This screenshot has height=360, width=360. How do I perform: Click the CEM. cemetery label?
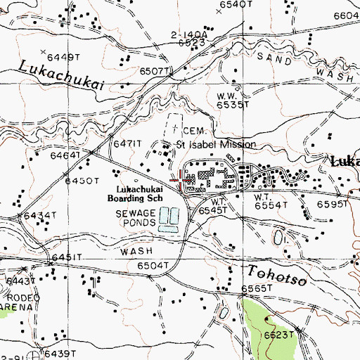point(194,131)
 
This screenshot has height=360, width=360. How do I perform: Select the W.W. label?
point(225,96)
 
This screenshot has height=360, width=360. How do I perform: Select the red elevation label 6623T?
point(278,335)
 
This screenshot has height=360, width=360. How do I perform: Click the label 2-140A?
point(189,34)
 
